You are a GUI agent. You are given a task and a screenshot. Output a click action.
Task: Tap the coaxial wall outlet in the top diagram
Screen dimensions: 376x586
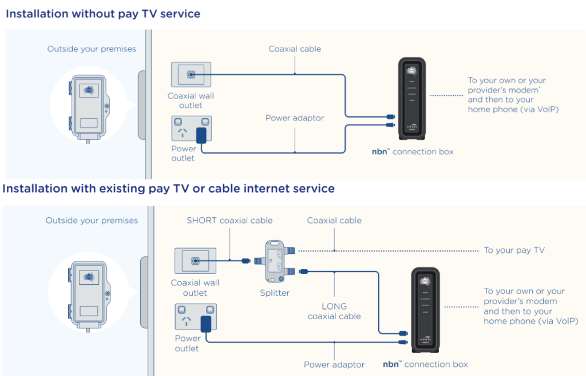tap(191, 75)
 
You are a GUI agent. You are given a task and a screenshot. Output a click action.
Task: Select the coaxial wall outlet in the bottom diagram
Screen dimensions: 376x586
tap(195, 261)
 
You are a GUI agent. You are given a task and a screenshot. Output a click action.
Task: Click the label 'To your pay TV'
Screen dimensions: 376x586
tap(514, 250)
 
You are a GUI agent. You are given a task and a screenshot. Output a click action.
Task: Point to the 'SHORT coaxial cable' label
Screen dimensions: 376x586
tap(229, 221)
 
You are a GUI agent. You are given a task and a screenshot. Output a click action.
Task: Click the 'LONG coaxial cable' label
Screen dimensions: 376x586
tap(334, 311)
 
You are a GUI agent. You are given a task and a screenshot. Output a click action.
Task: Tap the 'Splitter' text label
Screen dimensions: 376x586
tap(275, 293)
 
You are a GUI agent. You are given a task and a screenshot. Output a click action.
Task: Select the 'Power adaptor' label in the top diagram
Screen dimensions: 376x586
tap(295, 118)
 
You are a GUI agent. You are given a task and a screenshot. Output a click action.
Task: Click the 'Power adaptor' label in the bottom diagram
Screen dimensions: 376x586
tap(334, 364)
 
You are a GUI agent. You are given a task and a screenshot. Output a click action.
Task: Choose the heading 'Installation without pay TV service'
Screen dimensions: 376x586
tap(103, 14)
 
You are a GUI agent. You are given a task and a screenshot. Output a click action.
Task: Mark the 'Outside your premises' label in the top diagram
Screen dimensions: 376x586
tap(92, 49)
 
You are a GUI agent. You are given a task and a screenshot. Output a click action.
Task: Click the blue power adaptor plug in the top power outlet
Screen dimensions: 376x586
tap(201, 136)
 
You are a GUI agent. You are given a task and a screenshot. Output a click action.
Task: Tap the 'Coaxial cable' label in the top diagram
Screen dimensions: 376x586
tap(295, 49)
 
